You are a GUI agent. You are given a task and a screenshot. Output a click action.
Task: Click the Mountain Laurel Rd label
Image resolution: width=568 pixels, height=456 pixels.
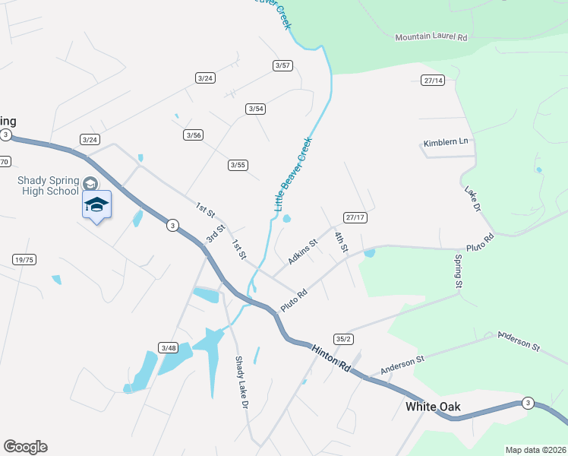click(x=431, y=36)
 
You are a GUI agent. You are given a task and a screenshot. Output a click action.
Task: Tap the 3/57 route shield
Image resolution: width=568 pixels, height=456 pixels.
click(x=282, y=65)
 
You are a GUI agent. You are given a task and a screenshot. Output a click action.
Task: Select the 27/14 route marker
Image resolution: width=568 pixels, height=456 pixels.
click(x=433, y=80)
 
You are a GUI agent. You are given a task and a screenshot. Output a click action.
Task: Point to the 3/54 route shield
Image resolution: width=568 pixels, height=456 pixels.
click(x=256, y=109)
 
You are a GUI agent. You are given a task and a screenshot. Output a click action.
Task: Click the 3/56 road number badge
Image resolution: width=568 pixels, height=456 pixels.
click(x=193, y=135)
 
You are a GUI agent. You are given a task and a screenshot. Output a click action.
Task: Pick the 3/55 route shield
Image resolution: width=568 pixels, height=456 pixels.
click(x=238, y=165)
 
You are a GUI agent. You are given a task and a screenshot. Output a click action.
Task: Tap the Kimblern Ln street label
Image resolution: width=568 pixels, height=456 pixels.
click(x=447, y=143)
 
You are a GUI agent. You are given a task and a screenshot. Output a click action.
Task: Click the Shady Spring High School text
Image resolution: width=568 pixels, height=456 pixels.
click(x=48, y=185)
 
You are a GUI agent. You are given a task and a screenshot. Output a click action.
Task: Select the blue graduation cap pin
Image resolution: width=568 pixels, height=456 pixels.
click(x=96, y=204)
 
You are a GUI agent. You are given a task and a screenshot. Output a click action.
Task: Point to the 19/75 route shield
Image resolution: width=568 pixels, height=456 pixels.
click(x=24, y=260)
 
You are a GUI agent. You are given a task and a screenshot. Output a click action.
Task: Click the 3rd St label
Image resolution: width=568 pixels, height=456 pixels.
click(x=216, y=233)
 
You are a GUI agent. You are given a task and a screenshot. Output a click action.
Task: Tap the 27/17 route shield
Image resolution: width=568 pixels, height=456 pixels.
click(x=355, y=217)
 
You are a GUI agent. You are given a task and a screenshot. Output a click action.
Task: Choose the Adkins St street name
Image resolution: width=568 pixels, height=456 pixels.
click(x=301, y=252)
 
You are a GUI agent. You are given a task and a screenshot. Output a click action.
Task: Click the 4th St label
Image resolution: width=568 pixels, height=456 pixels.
click(x=340, y=242)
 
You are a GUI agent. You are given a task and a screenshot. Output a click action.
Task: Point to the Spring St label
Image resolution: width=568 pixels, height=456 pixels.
click(x=458, y=271)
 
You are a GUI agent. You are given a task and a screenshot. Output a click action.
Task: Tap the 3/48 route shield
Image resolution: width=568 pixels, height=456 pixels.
click(x=168, y=347)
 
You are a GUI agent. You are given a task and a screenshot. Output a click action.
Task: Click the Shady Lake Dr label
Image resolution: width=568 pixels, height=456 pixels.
click(x=241, y=384)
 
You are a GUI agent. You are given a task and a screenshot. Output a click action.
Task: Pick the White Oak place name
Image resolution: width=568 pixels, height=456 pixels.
click(x=433, y=407)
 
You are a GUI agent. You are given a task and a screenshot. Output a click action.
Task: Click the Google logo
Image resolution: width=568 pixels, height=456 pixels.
click(x=26, y=447)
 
